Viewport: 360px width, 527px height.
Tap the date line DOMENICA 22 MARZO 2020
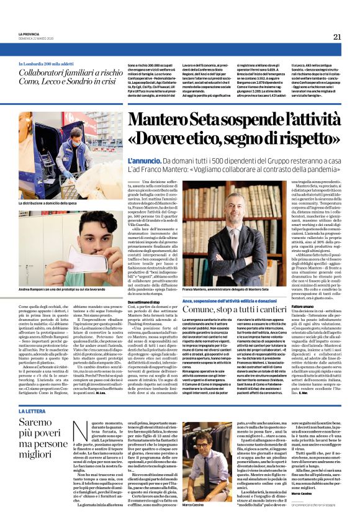[37, 38]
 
